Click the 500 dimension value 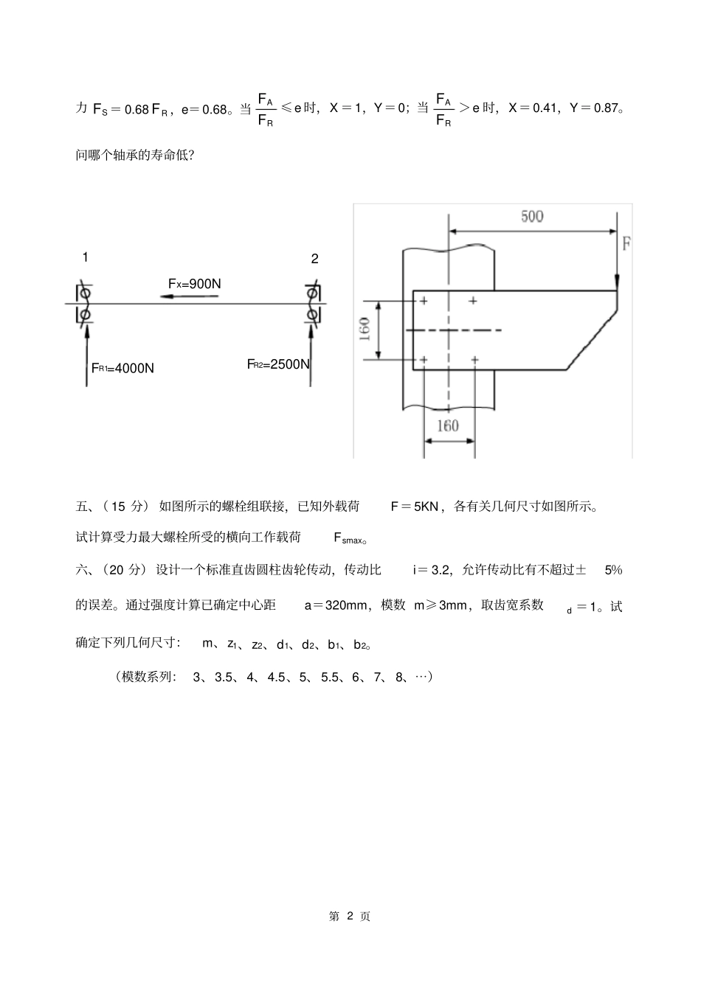(531, 216)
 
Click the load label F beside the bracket (626, 244)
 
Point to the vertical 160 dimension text (365, 330)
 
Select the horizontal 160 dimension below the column (448, 425)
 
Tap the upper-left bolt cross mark (424, 301)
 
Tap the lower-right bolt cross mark (474, 360)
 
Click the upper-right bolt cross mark (473, 301)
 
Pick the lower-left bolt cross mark (424, 360)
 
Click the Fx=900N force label (194, 283)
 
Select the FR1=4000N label (122, 367)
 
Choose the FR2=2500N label (278, 364)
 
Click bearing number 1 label (86, 257)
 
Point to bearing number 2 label (315, 259)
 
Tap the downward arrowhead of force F (618, 282)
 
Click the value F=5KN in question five (415, 507)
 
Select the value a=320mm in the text (336, 605)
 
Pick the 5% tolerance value (613, 569)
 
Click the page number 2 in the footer (350, 916)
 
